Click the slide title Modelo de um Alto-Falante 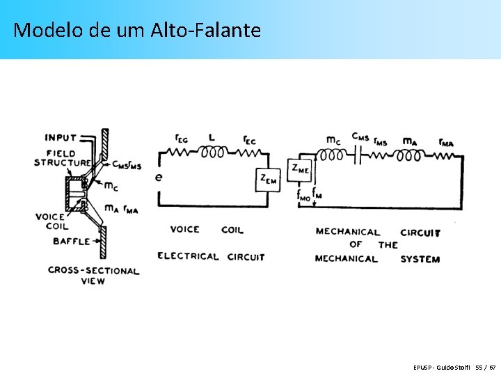(137, 30)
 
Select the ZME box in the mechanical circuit (301, 168)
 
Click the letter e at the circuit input (159, 177)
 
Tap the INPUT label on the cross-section (61, 138)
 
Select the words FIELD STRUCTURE (62, 158)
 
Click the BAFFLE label (72, 242)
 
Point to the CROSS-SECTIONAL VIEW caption (93, 275)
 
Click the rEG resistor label (180, 139)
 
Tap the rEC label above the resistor (248, 140)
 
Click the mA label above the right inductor (411, 141)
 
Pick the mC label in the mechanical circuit (334, 140)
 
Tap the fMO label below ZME (304, 196)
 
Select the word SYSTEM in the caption (420, 259)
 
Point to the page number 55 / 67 (486, 367)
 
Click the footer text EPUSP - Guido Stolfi (441, 367)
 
